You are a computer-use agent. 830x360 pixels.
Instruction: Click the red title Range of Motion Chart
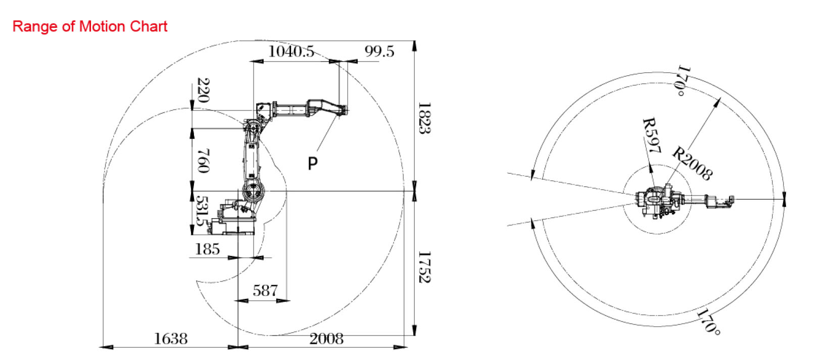coord(90,27)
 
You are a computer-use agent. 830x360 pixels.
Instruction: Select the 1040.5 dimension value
coord(291,52)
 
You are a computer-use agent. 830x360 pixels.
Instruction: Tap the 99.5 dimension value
coord(379,52)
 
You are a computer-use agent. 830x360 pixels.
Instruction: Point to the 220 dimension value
coord(204,90)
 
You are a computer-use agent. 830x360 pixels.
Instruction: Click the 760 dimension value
coord(204,161)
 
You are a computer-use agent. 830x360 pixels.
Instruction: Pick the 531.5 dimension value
coord(202,211)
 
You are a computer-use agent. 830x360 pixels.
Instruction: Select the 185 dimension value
coord(207,249)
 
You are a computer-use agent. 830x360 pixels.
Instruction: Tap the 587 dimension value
coord(265,291)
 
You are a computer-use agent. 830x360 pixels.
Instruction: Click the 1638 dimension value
coord(170,338)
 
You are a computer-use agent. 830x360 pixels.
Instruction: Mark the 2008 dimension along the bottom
coord(326,338)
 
